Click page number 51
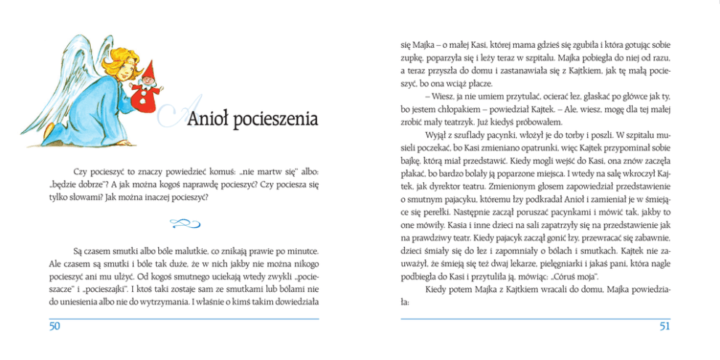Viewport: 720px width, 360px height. pos(664,327)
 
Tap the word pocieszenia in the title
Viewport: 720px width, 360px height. pos(276,118)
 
